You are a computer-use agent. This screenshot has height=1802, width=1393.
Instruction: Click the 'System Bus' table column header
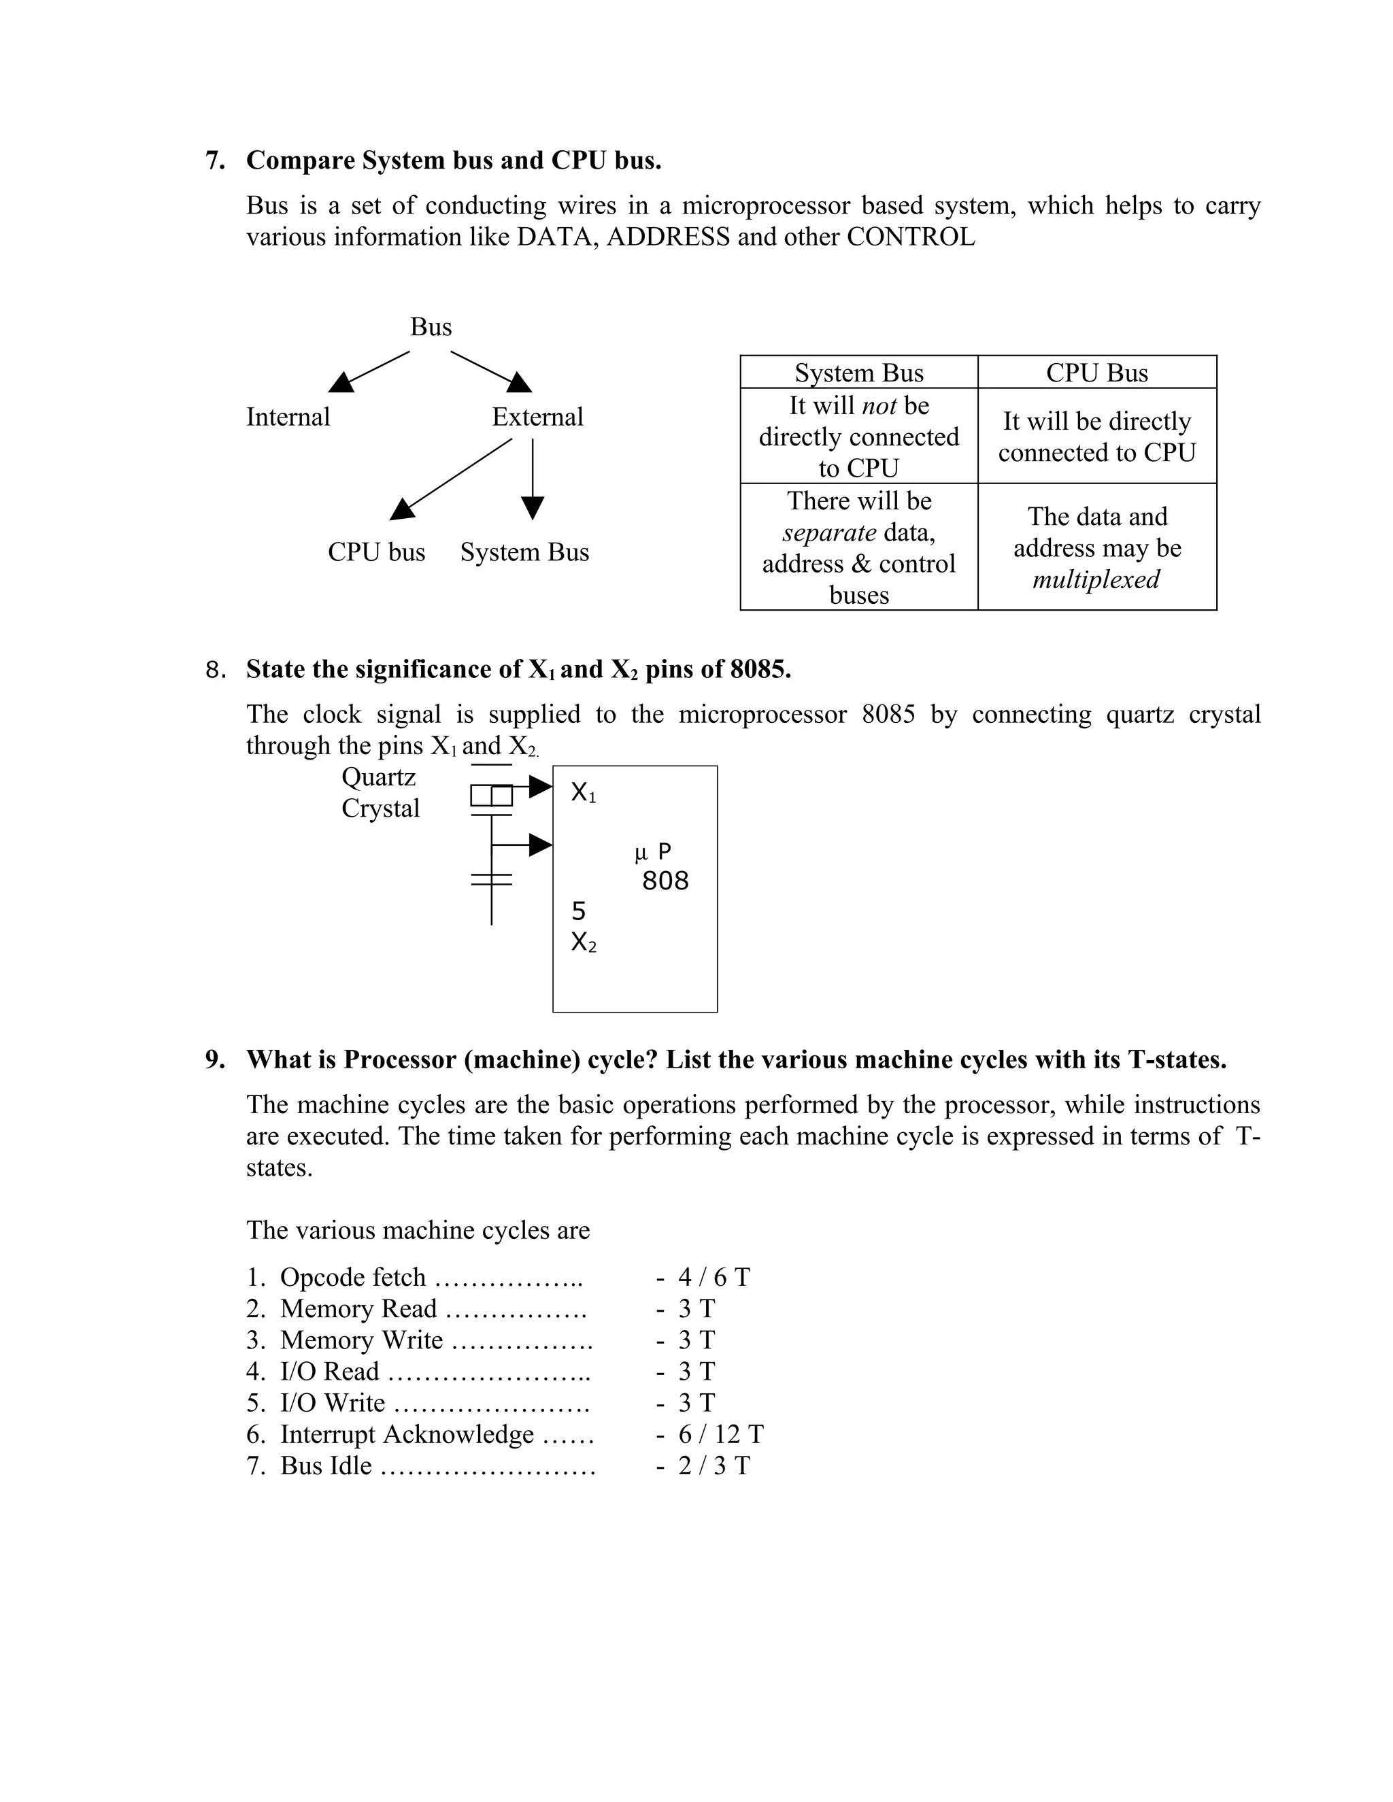858,373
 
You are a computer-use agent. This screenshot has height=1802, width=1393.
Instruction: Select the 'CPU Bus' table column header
1096,373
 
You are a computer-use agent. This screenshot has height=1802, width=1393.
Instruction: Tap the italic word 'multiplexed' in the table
1096,579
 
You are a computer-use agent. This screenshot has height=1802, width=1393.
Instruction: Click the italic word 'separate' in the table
828,533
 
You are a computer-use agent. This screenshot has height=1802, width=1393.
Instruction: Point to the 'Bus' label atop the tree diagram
431,328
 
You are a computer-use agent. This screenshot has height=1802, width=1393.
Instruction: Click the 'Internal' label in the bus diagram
288,417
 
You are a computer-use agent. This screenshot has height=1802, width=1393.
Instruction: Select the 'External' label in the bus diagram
537,417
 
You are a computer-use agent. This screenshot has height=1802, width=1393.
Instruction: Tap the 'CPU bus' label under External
376,552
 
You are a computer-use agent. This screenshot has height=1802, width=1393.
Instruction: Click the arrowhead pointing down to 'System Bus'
533,507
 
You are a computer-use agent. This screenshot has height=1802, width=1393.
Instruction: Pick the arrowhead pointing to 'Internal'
341,382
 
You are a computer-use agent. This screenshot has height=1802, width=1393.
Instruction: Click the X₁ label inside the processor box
583,793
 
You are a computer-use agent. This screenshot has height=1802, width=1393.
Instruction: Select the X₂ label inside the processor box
583,942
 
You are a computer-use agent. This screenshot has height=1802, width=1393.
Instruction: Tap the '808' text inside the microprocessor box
665,881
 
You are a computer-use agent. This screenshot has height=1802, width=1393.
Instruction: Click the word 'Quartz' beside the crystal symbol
379,777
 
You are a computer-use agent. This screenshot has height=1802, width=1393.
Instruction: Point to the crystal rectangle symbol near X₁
491,796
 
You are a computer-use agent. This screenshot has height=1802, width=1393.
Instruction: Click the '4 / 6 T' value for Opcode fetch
713,1277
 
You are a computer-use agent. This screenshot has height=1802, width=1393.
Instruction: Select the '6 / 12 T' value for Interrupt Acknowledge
720,1434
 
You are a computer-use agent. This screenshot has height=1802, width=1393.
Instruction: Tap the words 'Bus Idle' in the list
326,1465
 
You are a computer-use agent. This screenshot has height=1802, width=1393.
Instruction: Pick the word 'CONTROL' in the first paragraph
910,237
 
